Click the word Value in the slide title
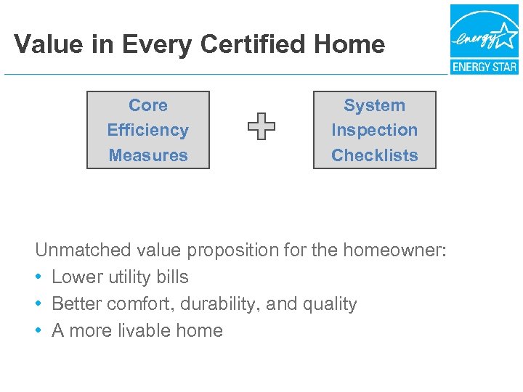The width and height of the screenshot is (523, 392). pyautogui.click(x=46, y=45)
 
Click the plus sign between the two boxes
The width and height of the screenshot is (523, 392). pyautogui.click(x=261, y=127)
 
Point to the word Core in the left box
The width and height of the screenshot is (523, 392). pyautogui.click(x=148, y=105)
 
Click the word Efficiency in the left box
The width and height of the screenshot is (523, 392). pyautogui.click(x=148, y=131)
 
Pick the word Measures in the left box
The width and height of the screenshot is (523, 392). pyautogui.click(x=148, y=155)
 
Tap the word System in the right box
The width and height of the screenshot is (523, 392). pyautogui.click(x=374, y=105)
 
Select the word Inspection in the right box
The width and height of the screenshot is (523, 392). pyautogui.click(x=374, y=131)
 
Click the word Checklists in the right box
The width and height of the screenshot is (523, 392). pyautogui.click(x=374, y=155)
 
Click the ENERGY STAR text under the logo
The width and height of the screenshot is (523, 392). pyautogui.click(x=484, y=68)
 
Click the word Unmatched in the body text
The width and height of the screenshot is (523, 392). pyautogui.click(x=83, y=250)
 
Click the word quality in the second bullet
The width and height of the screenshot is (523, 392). pyautogui.click(x=330, y=304)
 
